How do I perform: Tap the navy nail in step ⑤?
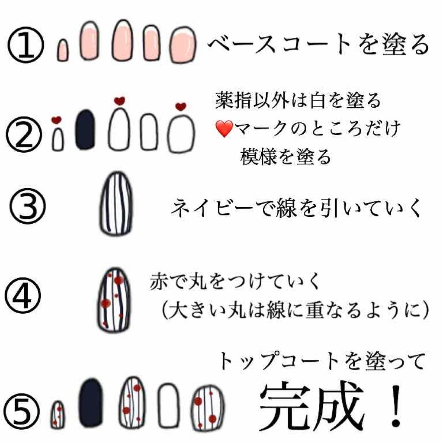coord(92,402)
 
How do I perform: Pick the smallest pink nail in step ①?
coord(63,50)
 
